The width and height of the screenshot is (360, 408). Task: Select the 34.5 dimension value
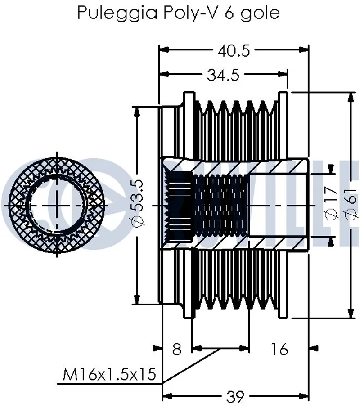click(x=223, y=75)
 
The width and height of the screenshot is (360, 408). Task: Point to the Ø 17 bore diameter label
click(x=332, y=203)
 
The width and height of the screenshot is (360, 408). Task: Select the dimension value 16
click(x=279, y=349)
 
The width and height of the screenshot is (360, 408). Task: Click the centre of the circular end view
click(x=58, y=204)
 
